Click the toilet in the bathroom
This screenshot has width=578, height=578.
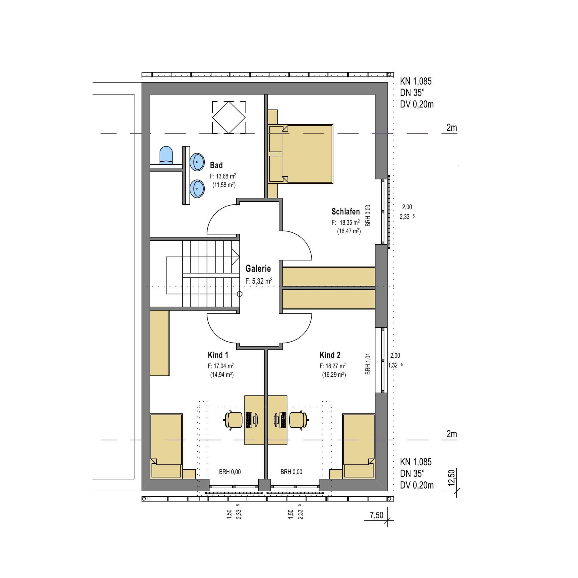tap(166, 155)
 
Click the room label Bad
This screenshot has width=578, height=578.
tap(216, 165)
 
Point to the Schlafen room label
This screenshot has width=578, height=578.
tap(346, 212)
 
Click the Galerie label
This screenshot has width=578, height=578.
tap(258, 268)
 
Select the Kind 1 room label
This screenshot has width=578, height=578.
tap(218, 355)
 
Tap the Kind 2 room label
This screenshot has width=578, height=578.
tap(330, 355)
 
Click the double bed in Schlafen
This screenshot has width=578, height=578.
tap(300, 154)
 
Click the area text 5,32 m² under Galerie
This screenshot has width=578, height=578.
tap(259, 281)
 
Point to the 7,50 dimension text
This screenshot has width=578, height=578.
tap(377, 515)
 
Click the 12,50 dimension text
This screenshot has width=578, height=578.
tap(451, 478)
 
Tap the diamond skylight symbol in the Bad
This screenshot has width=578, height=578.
tap(229, 117)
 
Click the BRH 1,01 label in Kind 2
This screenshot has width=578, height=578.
tap(368, 364)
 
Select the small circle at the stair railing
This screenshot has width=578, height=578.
tap(240, 294)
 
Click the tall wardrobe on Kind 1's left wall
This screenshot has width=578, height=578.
tap(160, 343)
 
